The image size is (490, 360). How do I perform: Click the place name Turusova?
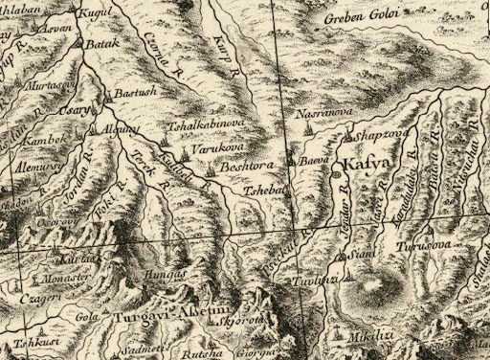428,245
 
